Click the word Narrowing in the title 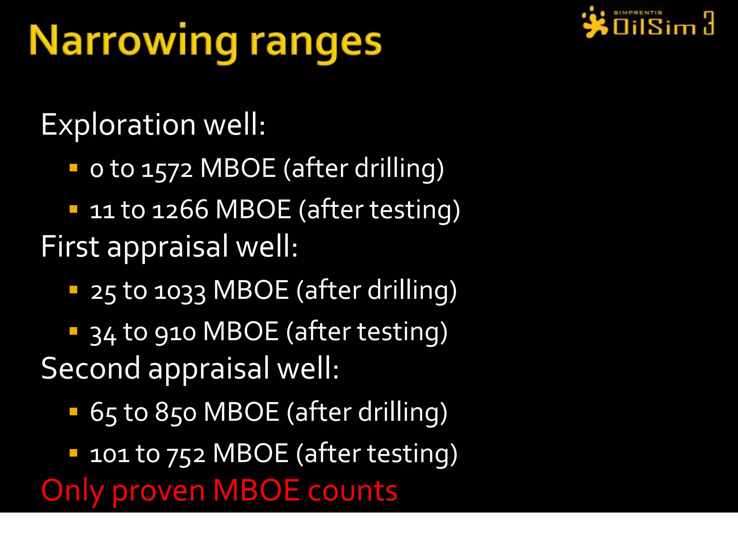point(133,41)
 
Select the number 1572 point(167,169)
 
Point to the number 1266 point(180,210)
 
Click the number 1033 point(180,291)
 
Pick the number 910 point(175,332)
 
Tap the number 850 point(175,413)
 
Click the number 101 point(109,454)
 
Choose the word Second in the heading point(90,368)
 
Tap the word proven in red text point(159,491)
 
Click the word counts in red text point(352,491)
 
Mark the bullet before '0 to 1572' point(74,168)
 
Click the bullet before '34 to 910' point(74,331)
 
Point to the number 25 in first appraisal point(103,291)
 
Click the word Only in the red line point(72,491)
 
